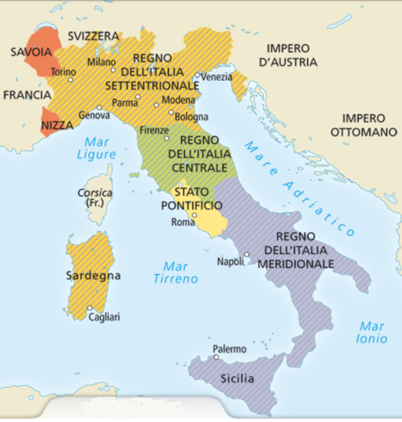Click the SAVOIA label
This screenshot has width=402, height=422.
pyautogui.click(x=30, y=53)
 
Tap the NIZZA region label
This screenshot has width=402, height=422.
pyautogui.click(x=58, y=127)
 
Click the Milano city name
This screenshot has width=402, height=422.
pyautogui.click(x=101, y=62)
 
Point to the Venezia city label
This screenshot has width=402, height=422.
pyautogui.click(x=217, y=77)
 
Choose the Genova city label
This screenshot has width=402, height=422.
pyautogui.click(x=94, y=115)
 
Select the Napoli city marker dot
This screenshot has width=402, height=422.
pyautogui.click(x=247, y=256)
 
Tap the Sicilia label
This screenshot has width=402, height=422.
pyautogui.click(x=236, y=379)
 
